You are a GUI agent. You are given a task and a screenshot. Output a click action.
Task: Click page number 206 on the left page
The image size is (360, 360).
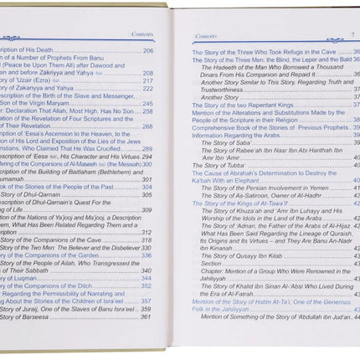pyautogui.click(x=148, y=52)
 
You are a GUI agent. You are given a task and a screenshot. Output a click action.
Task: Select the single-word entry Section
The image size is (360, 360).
pyautogui.click(x=211, y=262)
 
